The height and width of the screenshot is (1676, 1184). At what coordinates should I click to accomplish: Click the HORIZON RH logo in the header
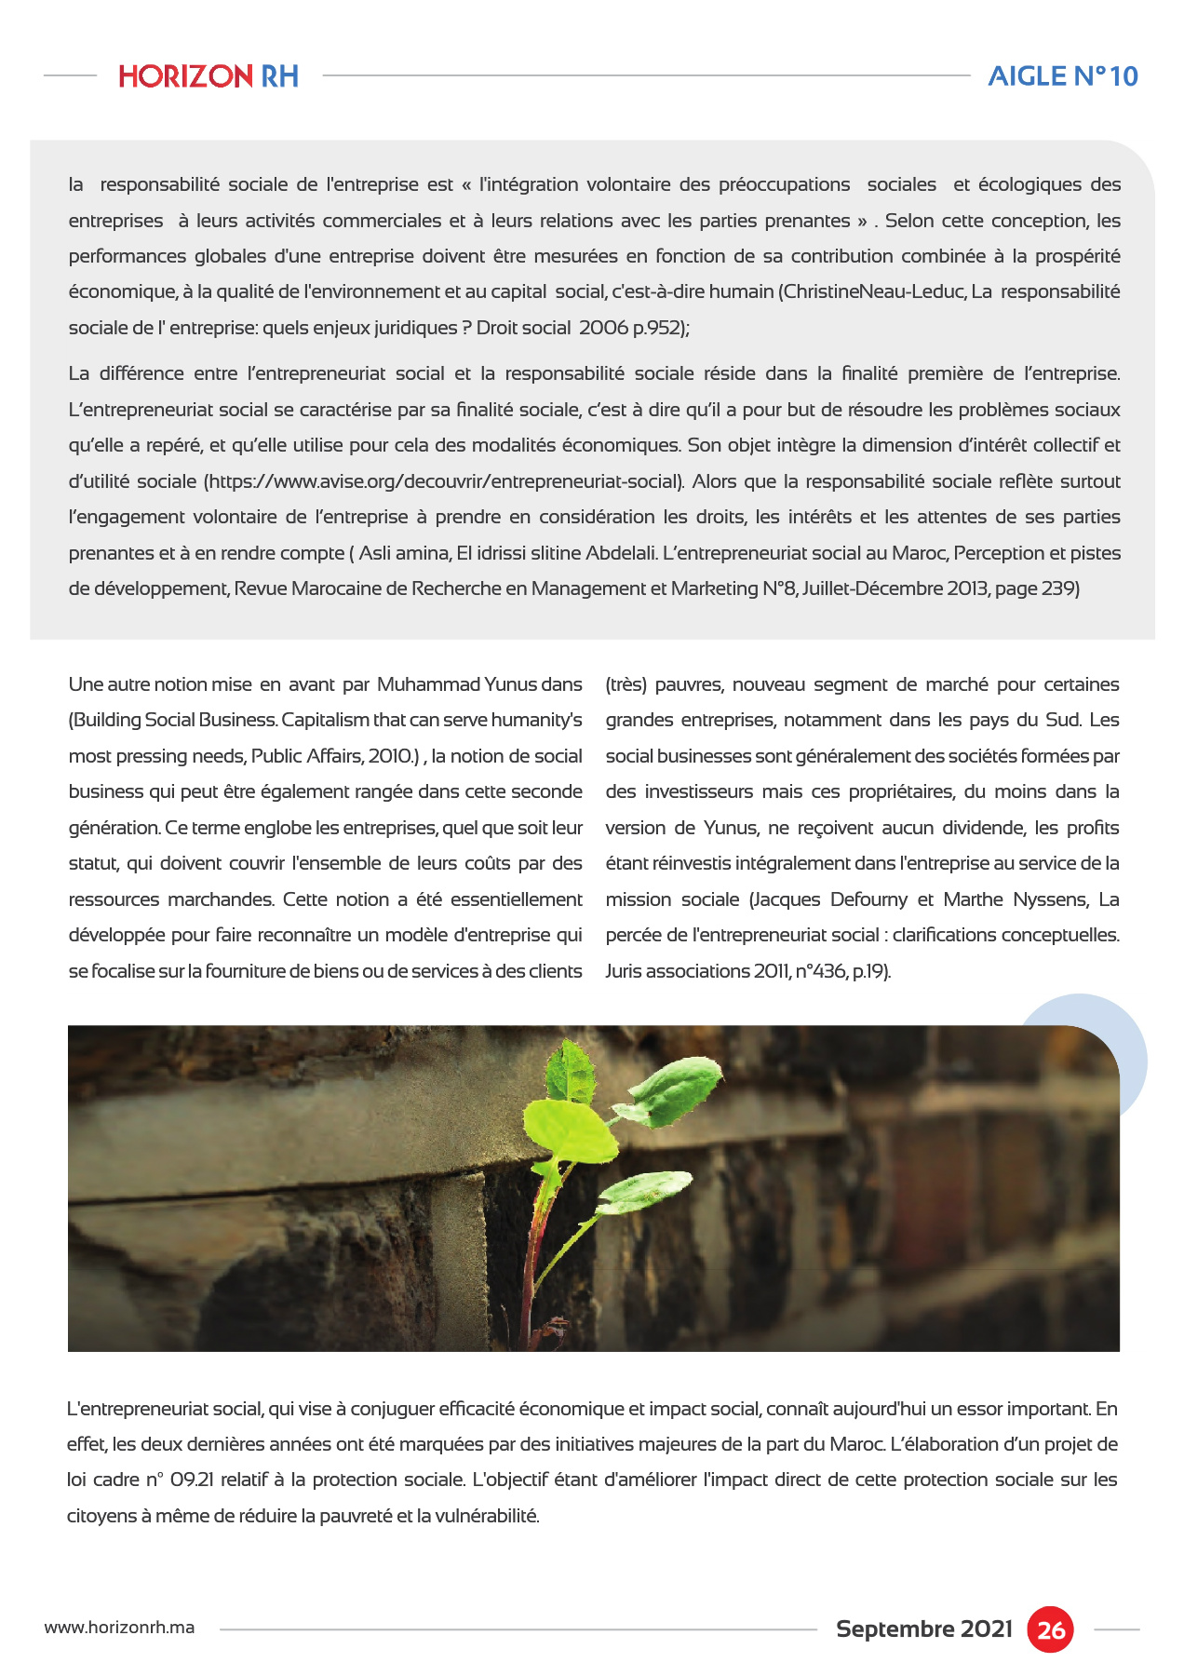pyautogui.click(x=209, y=76)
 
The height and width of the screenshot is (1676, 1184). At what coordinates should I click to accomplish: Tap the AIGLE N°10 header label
pyautogui.click(x=1062, y=76)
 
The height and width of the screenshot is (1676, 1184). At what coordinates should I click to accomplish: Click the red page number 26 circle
pyautogui.click(x=1051, y=1629)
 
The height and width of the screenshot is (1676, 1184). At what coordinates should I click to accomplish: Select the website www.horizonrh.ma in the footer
pyautogui.click(x=119, y=1628)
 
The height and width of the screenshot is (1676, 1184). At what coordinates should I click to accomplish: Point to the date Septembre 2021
pyautogui.click(x=923, y=1629)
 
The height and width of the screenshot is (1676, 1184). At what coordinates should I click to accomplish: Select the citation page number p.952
pyautogui.click(x=659, y=328)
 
